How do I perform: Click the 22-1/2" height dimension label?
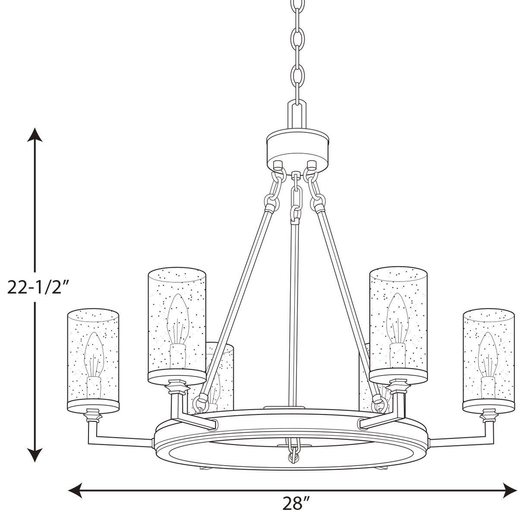38,286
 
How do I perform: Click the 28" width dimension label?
297,503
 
